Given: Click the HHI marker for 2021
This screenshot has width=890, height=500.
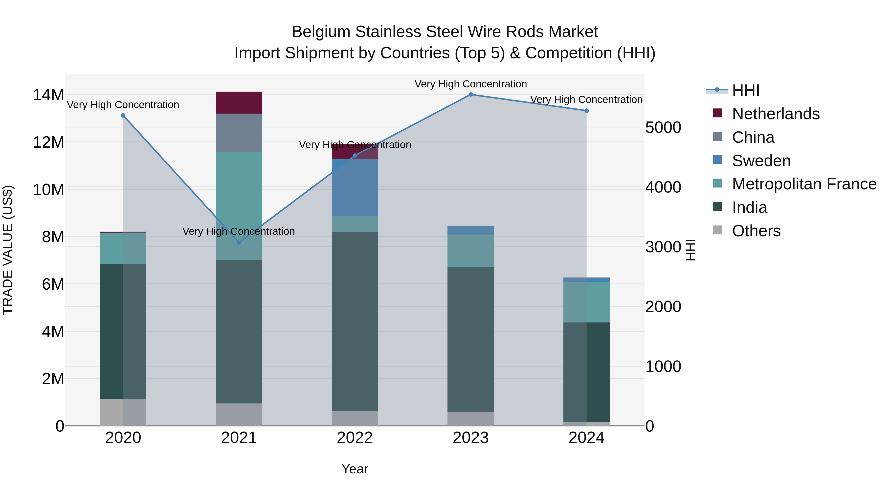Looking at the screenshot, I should (x=239, y=242).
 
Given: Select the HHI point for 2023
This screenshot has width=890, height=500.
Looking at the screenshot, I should (x=470, y=95).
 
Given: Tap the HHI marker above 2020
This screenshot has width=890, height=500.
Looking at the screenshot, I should (x=123, y=116).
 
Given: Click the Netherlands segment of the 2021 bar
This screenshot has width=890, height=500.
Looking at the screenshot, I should (x=239, y=102).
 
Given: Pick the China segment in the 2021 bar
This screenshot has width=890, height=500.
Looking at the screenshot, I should (x=239, y=133).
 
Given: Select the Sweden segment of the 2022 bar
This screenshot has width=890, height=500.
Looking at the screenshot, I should (x=355, y=187).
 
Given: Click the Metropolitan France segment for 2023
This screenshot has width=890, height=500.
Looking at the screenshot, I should (x=470, y=251).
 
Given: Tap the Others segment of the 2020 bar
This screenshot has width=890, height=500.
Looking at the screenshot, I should (x=123, y=412).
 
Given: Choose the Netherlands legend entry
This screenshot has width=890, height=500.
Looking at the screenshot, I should (x=776, y=114).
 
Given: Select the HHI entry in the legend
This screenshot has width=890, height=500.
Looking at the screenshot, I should (x=746, y=90).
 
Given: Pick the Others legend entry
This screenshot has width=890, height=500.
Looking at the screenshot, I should (x=756, y=231).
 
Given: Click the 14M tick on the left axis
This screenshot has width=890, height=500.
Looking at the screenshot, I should (x=48, y=95).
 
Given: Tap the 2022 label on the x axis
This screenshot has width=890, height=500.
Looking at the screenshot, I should (x=355, y=438).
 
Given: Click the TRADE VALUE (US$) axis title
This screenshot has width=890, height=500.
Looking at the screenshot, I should (x=8, y=250).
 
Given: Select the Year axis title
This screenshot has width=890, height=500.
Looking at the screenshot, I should (x=355, y=469).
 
